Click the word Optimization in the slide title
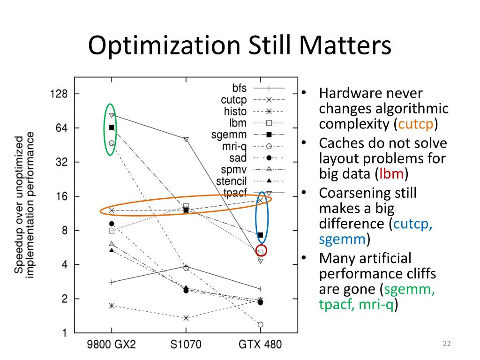(159, 47)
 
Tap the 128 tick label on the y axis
(59, 94)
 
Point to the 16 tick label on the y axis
(62, 196)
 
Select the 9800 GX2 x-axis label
(112, 345)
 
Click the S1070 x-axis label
(186, 345)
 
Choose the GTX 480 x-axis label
(260, 345)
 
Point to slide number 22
(446, 345)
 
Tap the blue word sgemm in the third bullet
(342, 240)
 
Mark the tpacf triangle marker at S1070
(186, 140)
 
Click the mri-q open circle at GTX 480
(260, 324)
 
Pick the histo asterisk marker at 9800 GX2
(112, 306)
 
